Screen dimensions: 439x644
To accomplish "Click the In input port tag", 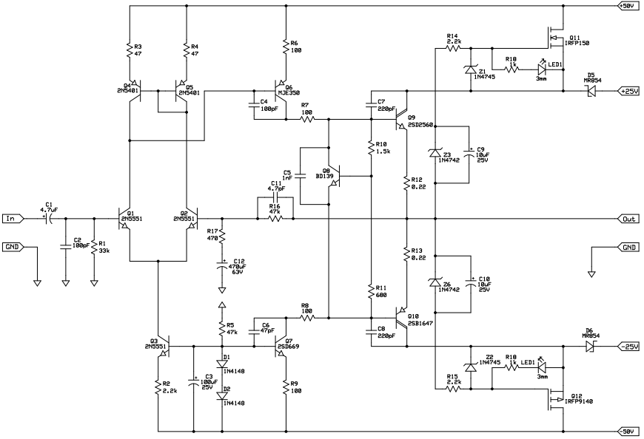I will [13, 219].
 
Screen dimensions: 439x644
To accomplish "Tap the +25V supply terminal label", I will [628, 92].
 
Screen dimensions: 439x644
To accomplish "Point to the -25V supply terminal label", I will [628, 346].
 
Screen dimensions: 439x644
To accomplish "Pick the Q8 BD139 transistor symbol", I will [335, 177].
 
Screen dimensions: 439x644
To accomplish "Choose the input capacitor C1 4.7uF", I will [48, 219].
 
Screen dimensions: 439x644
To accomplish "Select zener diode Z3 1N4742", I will [435, 153].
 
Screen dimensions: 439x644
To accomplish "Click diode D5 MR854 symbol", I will [590, 92].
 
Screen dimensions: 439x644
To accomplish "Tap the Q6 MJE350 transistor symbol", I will [281, 92].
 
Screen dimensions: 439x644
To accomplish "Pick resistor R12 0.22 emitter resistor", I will [406, 183].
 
